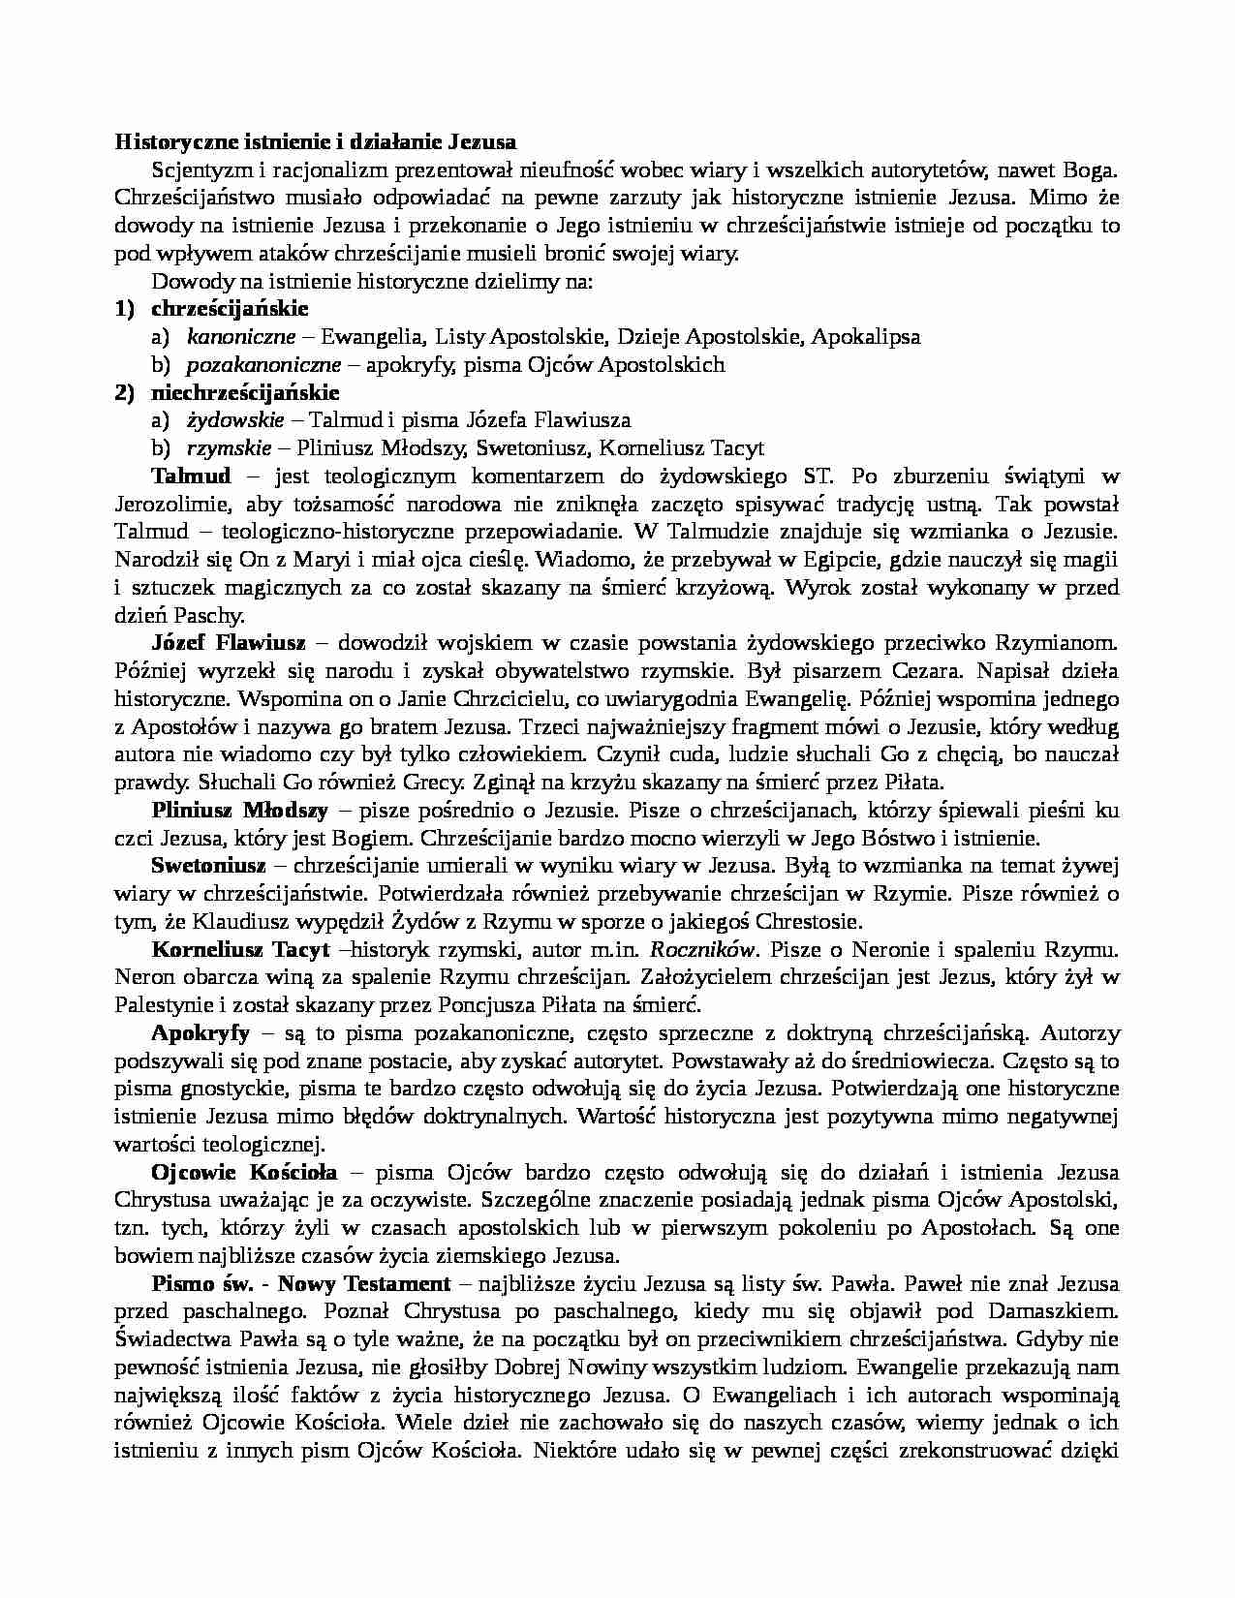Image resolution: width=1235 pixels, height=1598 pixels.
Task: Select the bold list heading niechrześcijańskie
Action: [245, 392]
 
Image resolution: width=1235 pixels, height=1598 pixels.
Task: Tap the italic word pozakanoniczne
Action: [263, 365]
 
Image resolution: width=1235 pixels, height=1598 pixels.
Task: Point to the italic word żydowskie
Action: [235, 420]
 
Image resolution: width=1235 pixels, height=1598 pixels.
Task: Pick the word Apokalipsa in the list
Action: [866, 337]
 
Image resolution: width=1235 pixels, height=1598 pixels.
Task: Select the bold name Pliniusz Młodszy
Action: [239, 810]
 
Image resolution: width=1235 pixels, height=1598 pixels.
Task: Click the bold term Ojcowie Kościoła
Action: [244, 1173]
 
